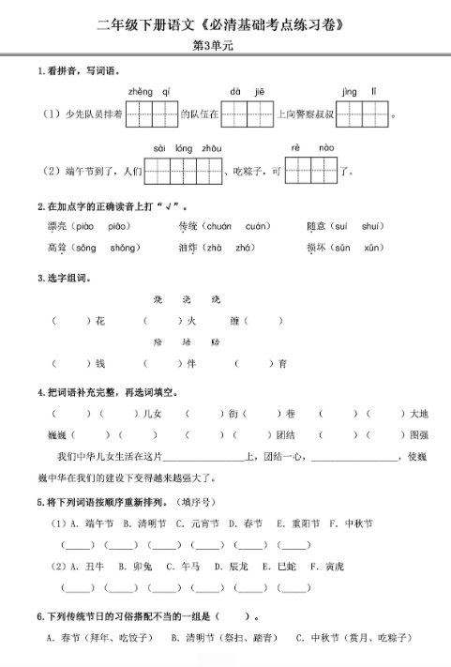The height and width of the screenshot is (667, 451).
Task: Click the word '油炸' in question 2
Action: pyautogui.click(x=190, y=247)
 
